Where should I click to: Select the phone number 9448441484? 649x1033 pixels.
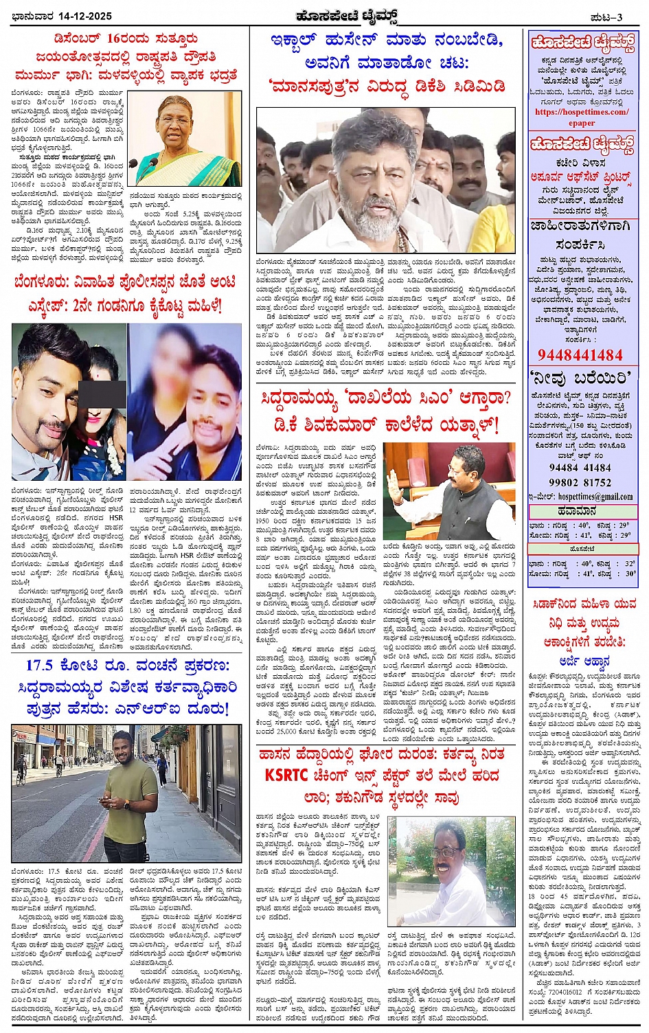(580, 355)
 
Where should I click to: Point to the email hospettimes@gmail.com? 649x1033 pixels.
(595, 497)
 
